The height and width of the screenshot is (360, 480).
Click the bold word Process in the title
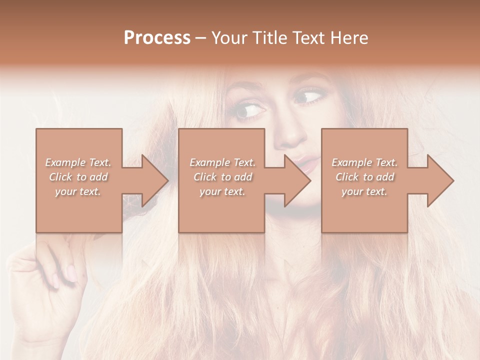[x=157, y=38]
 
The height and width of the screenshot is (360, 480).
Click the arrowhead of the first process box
[x=153, y=180]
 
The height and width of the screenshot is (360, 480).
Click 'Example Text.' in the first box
[x=78, y=162]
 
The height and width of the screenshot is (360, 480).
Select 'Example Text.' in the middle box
[x=222, y=162]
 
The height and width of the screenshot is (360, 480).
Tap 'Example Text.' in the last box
[x=364, y=162]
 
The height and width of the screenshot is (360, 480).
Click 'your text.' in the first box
[x=78, y=191]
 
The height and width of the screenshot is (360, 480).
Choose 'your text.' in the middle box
[x=222, y=191]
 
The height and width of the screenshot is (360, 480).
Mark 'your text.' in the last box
[x=364, y=191]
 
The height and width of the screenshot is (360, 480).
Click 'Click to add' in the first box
[x=78, y=177]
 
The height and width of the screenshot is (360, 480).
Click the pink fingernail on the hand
[x=71, y=273]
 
